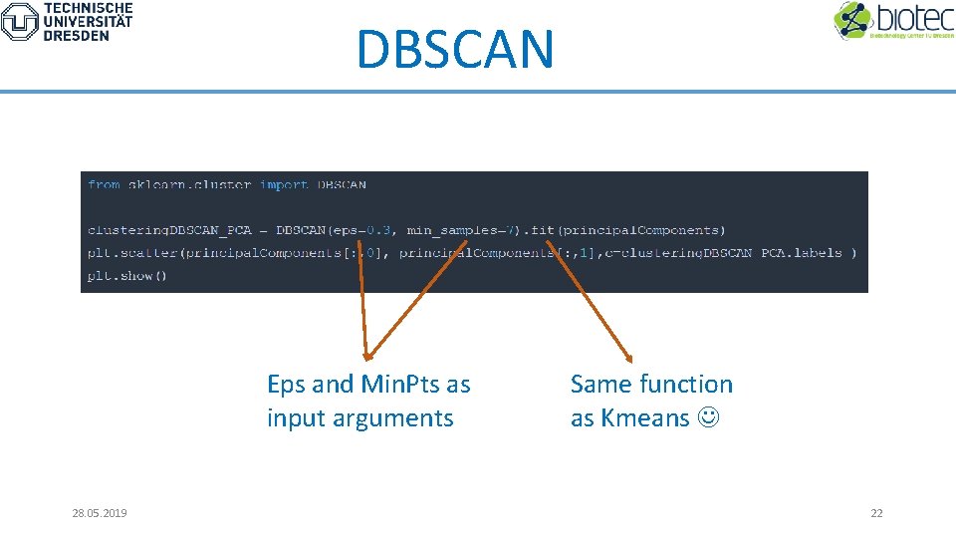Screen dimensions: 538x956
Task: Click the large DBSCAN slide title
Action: pyautogui.click(x=454, y=49)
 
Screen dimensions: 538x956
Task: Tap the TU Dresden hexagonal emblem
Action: pyautogui.click(x=19, y=22)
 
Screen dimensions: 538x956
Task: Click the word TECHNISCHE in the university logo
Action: pyautogui.click(x=88, y=7)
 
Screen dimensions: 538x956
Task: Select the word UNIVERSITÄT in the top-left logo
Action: pyautogui.click(x=88, y=21)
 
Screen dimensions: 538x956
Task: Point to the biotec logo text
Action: pyautogui.click(x=913, y=17)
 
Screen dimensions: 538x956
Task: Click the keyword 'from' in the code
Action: pyautogui.click(x=104, y=184)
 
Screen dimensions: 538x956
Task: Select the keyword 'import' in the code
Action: pyautogui.click(x=284, y=184)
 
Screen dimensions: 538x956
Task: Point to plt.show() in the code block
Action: pyautogui.click(x=127, y=275)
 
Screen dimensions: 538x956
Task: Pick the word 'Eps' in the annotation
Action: pyautogui.click(x=286, y=385)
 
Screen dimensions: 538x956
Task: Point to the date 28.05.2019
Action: pyautogui.click(x=100, y=513)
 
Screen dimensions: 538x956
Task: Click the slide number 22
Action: pyautogui.click(x=876, y=513)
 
